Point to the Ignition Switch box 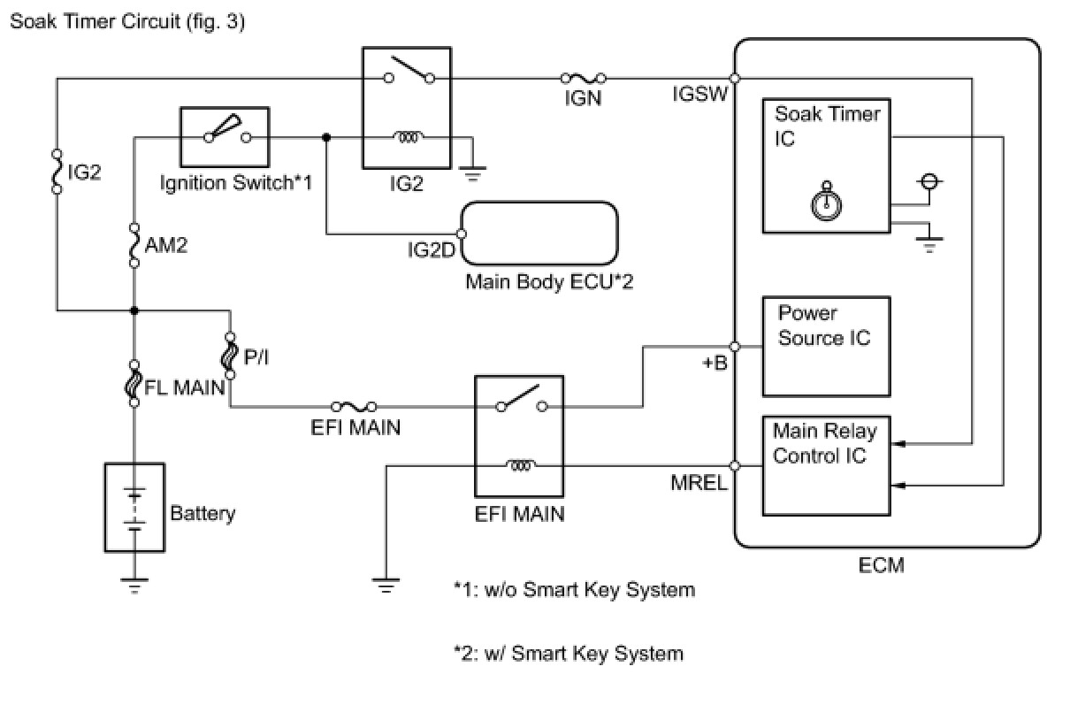coord(225,137)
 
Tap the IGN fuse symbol coord(583,79)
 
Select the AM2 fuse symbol coord(134,245)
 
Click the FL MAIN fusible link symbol coord(134,383)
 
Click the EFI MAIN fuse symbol coord(354,407)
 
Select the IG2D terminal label coord(432,250)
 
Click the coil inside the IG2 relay coord(409,137)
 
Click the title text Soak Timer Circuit coord(126,21)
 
